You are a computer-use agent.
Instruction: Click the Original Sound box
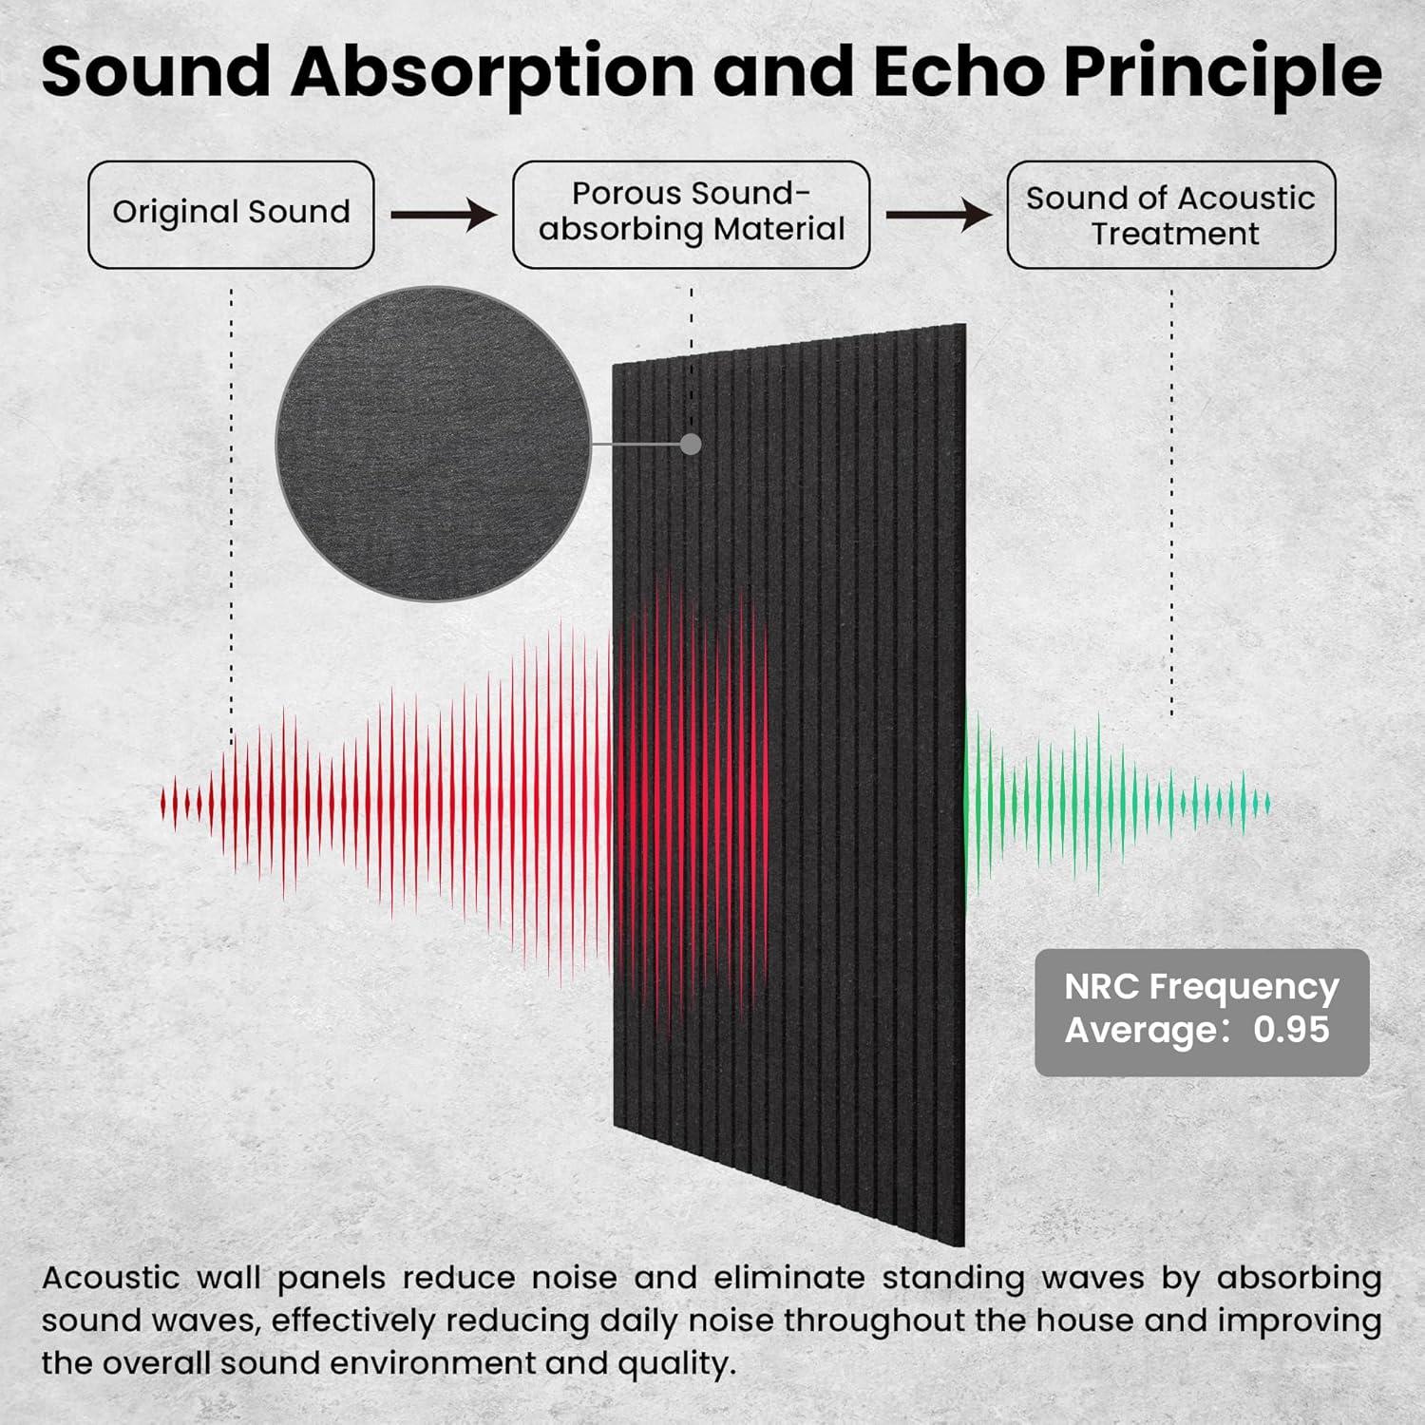(x=231, y=215)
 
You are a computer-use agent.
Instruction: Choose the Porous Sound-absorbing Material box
(x=692, y=215)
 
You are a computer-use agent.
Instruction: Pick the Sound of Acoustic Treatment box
(x=1171, y=215)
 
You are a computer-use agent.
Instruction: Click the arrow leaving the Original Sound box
(x=444, y=216)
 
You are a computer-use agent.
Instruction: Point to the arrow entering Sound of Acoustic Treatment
(x=939, y=215)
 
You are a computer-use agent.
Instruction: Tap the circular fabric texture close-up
(x=433, y=444)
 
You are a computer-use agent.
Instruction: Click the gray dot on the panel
(x=692, y=444)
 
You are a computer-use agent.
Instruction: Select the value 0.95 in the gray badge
(x=1291, y=1030)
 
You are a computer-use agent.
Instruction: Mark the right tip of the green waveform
(x=1269, y=804)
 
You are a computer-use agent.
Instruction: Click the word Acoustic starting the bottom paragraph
(x=110, y=1278)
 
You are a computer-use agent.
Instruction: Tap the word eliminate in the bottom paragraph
(x=789, y=1278)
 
